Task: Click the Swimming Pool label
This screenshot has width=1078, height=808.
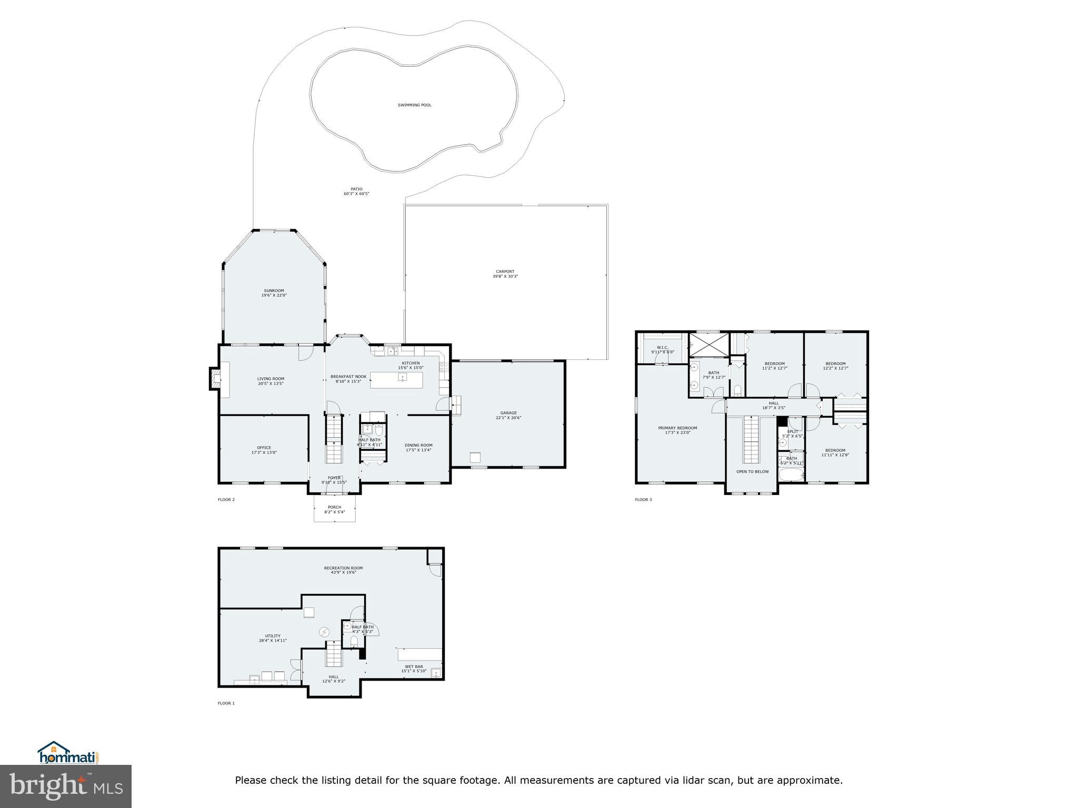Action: pyautogui.click(x=414, y=105)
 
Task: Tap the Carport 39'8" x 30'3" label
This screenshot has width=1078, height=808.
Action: pyautogui.click(x=505, y=274)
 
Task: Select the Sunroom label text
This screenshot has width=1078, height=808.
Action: pyautogui.click(x=274, y=293)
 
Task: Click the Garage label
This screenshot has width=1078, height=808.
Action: pyautogui.click(x=508, y=415)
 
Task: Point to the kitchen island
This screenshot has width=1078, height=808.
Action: pyautogui.click(x=396, y=380)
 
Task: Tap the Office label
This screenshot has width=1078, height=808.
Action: pyautogui.click(x=264, y=450)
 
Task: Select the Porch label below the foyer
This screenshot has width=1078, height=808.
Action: pyautogui.click(x=334, y=509)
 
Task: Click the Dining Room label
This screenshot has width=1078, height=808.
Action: pyautogui.click(x=418, y=447)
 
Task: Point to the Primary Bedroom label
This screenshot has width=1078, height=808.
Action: pyautogui.click(x=677, y=430)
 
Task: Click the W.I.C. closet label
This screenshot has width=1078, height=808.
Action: pyautogui.click(x=662, y=349)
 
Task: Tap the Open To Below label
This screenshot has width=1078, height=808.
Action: pyautogui.click(x=752, y=471)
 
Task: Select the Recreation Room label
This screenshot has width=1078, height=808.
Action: pyautogui.click(x=343, y=570)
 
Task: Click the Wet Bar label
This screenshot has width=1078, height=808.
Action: pyautogui.click(x=414, y=668)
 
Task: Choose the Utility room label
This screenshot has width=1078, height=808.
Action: pyautogui.click(x=273, y=638)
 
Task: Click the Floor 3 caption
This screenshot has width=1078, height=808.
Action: pyautogui.click(x=643, y=499)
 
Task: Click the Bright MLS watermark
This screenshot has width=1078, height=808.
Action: pyautogui.click(x=66, y=786)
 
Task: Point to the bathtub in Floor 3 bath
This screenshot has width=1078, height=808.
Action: pyautogui.click(x=791, y=475)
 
